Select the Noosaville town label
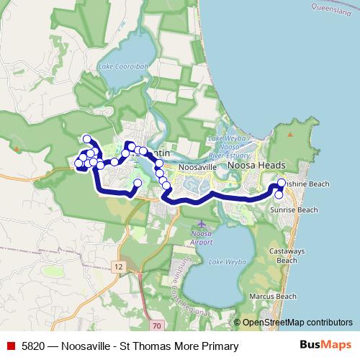point(197,167)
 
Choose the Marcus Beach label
point(277,296)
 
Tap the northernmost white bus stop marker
point(87,139)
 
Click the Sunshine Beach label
point(305,184)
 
